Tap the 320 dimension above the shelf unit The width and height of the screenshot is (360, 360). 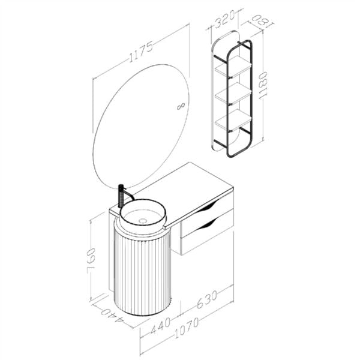(224, 21)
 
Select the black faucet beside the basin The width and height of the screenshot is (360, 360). (121, 195)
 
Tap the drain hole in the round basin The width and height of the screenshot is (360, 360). (142, 221)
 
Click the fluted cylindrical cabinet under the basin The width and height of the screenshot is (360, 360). (142, 270)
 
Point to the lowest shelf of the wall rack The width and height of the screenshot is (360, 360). (233, 118)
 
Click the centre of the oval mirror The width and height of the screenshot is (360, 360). (141, 125)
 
